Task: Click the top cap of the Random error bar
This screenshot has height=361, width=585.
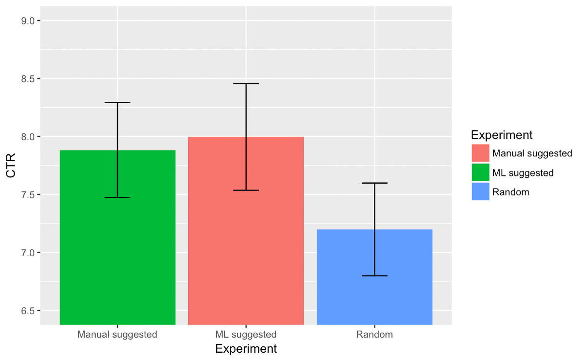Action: click(374, 183)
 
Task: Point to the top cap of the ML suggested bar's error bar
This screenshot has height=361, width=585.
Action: click(246, 84)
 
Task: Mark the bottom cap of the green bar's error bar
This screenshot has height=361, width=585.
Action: click(117, 197)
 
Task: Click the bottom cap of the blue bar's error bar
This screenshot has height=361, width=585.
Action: click(374, 276)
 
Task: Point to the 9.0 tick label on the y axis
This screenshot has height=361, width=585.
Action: click(27, 20)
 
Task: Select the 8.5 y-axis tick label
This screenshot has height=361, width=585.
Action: click(27, 78)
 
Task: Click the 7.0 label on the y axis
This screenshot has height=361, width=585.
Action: click(27, 253)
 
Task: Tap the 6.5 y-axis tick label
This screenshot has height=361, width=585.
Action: click(27, 311)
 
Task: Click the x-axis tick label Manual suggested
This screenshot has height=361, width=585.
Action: click(117, 335)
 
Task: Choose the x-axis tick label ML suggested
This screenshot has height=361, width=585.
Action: click(246, 335)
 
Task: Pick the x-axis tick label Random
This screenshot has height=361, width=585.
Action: click(374, 335)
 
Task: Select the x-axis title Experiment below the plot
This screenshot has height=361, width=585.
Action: click(246, 349)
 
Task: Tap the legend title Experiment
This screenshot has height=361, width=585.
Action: click(502, 135)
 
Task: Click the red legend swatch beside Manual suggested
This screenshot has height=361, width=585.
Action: click(480, 153)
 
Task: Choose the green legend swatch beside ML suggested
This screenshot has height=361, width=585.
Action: click(480, 172)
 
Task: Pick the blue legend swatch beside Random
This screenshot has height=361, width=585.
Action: click(480, 192)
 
